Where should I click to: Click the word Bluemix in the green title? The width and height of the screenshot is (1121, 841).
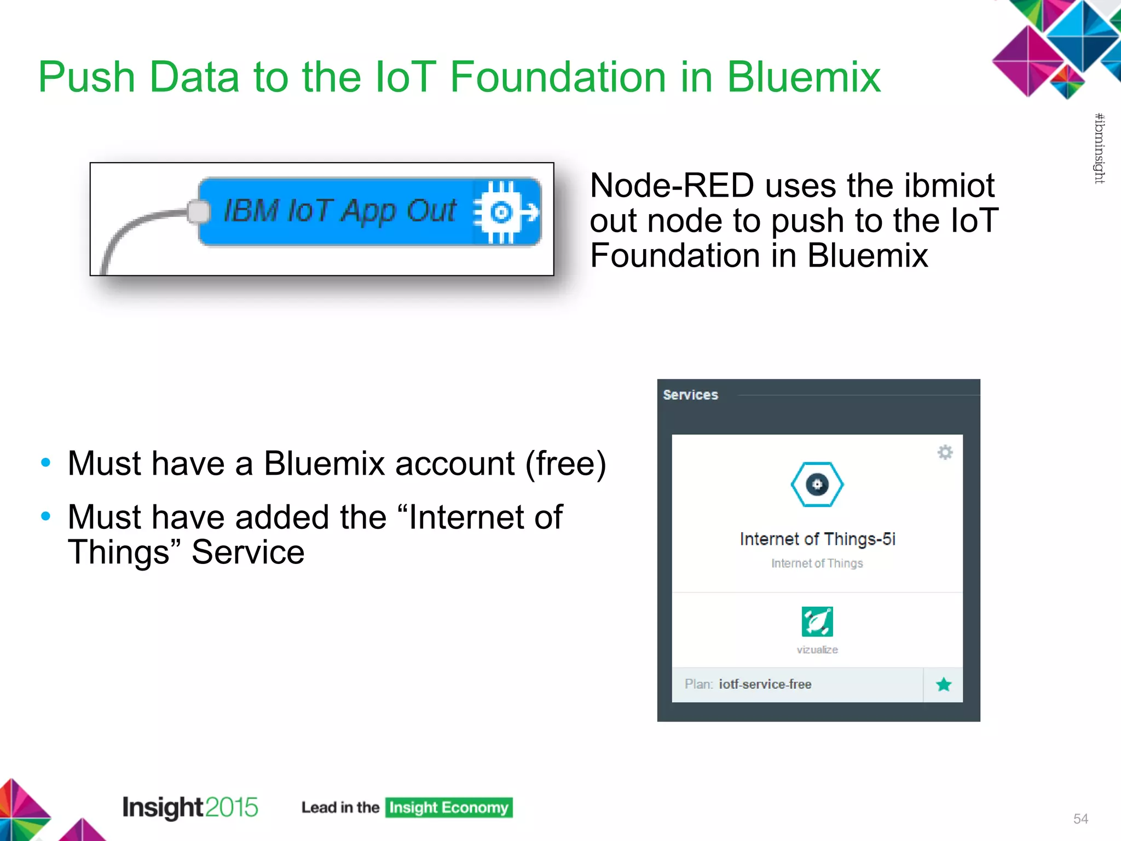[803, 77]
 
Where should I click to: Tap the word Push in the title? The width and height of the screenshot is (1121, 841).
[86, 77]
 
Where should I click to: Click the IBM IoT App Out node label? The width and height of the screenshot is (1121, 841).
[339, 211]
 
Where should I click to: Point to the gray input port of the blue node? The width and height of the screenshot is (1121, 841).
[198, 212]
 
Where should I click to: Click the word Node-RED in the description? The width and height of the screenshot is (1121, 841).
[672, 186]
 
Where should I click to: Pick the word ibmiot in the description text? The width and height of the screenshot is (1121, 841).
[949, 186]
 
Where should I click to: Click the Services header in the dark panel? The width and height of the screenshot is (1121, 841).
[690, 395]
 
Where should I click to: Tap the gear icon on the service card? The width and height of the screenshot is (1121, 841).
[945, 452]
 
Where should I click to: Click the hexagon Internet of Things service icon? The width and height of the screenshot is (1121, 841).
[817, 485]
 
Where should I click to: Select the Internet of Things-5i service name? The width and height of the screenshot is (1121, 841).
[817, 539]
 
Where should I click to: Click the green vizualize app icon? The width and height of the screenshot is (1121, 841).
[817, 621]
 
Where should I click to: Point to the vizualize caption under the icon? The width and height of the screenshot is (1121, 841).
[817, 650]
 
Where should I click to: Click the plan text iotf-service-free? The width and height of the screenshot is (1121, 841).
[765, 684]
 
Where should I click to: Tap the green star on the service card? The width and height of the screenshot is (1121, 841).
[943, 684]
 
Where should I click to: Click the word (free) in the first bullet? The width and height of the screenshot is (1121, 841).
[565, 464]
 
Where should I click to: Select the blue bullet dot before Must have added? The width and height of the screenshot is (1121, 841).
[46, 516]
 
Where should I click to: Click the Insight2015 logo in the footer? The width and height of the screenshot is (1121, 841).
[190, 807]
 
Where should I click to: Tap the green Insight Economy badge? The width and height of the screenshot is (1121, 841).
[448, 808]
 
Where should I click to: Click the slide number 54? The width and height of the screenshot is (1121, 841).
[1080, 819]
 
